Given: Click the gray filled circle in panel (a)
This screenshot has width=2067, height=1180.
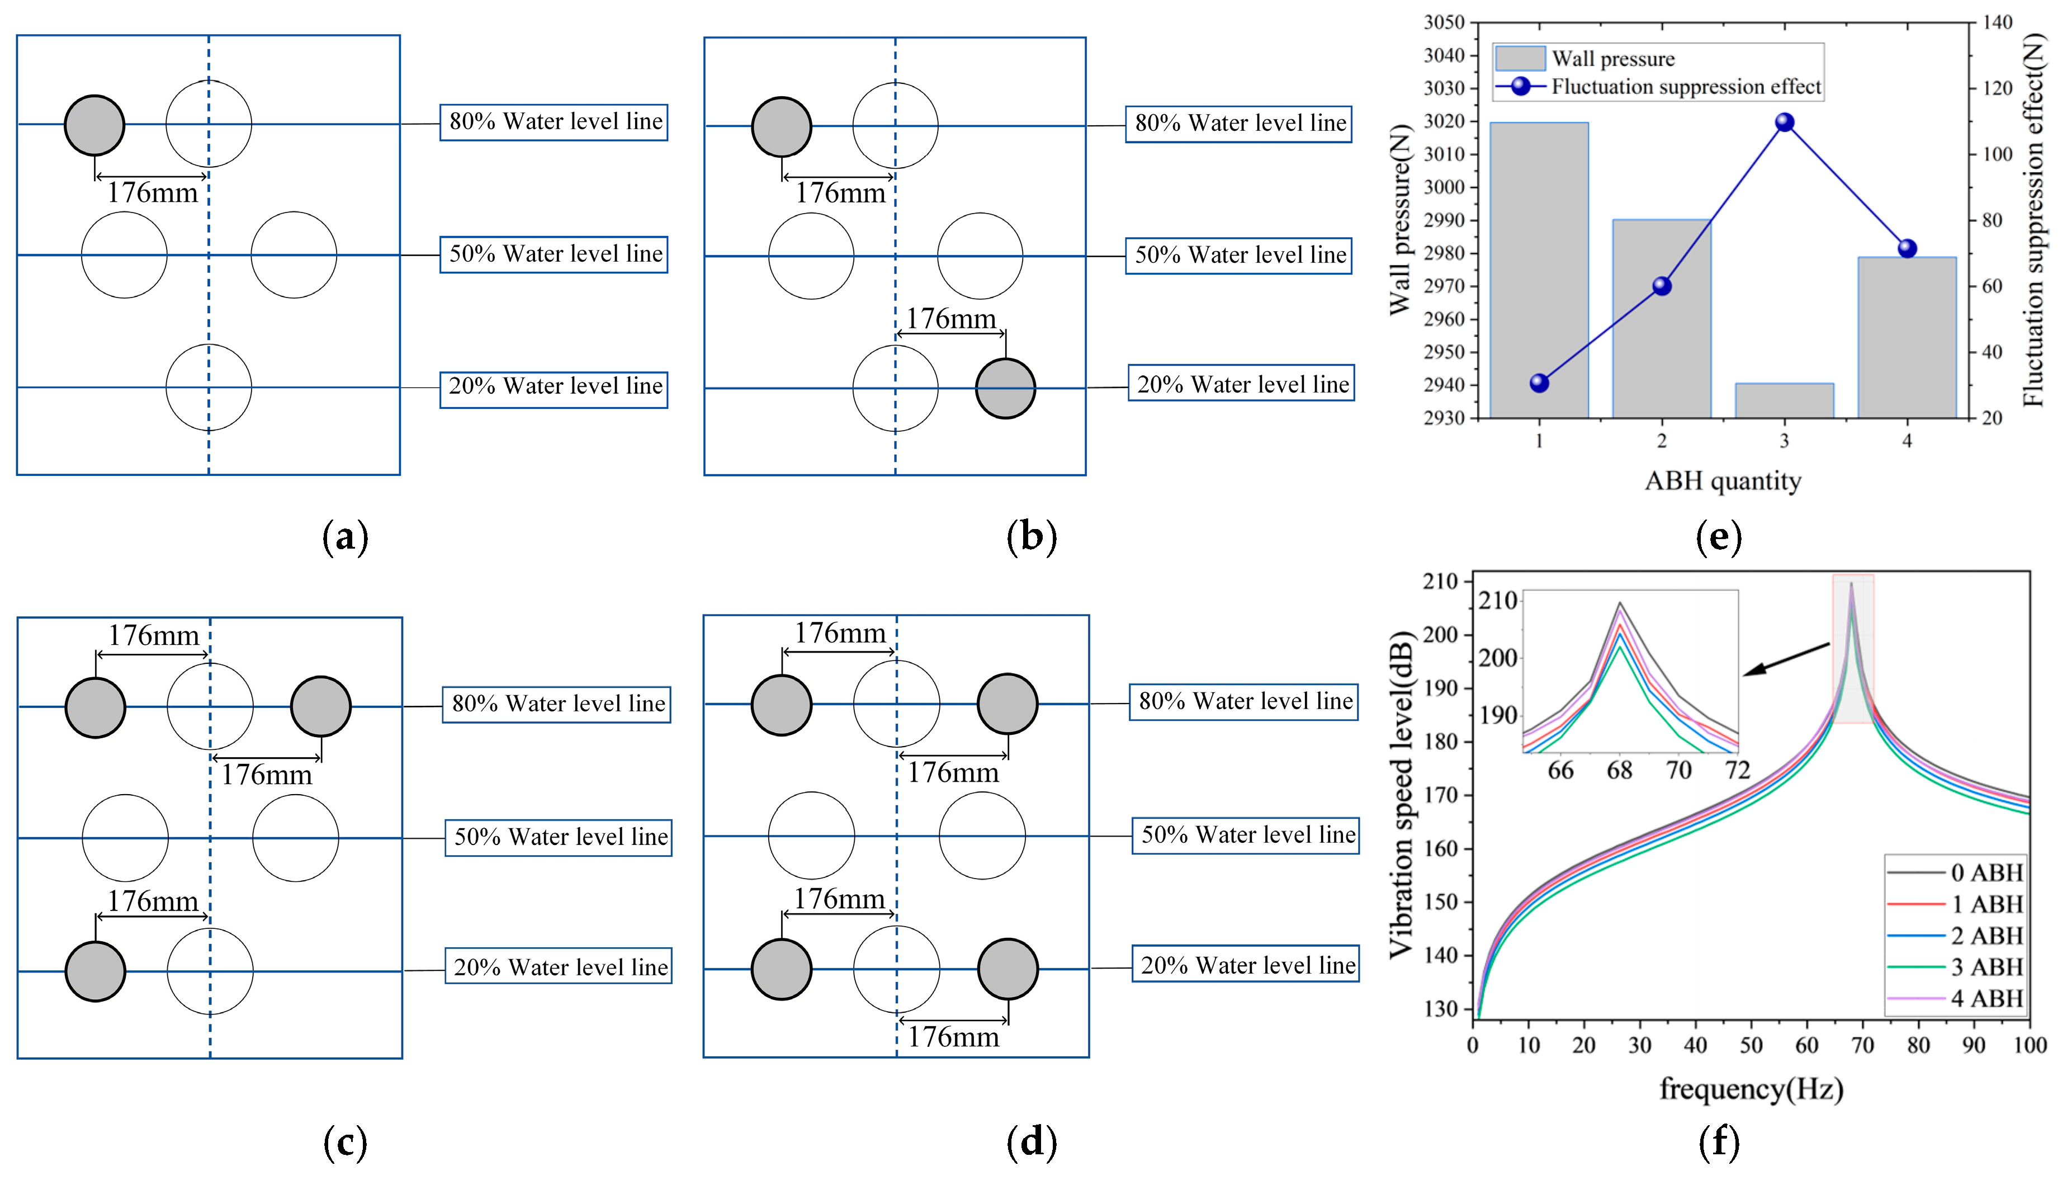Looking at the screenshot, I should point(95,126).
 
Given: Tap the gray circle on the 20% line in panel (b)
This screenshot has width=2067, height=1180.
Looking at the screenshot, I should point(1005,389).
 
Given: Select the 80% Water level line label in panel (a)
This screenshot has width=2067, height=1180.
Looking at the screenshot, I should point(554,121).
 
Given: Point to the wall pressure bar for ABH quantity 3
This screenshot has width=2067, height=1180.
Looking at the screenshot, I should point(1784,401).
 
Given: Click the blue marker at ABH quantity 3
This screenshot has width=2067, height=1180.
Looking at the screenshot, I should point(1784,122).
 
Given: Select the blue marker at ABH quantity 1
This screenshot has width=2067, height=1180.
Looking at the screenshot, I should point(1539,383).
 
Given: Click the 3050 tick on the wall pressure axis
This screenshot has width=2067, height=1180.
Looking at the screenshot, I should point(1444,23).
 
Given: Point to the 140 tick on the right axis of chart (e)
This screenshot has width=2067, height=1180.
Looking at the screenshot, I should point(1997,23).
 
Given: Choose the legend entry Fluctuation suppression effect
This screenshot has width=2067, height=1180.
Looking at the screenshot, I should point(1685,87).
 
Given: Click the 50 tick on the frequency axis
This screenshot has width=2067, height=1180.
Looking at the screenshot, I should point(1751,1045).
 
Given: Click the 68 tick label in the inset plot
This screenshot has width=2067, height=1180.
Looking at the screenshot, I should point(1619,770).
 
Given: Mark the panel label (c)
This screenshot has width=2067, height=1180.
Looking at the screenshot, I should point(345,1142).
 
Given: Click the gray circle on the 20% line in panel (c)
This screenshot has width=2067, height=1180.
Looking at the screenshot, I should point(95,971).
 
